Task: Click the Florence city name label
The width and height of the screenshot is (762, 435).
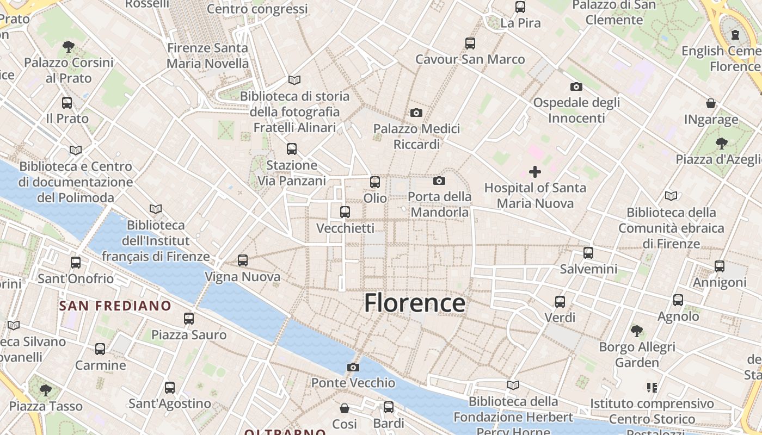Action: click(415, 303)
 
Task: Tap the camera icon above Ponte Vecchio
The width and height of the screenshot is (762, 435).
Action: click(353, 368)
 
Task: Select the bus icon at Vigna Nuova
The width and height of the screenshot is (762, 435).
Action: click(243, 260)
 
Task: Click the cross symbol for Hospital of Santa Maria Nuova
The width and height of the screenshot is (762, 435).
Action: click(535, 172)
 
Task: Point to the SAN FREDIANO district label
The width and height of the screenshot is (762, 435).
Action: click(115, 306)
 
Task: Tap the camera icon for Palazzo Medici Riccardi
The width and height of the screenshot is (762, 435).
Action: click(416, 113)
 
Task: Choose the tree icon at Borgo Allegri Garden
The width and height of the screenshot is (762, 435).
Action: click(637, 331)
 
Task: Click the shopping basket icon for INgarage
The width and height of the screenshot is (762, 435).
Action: click(711, 103)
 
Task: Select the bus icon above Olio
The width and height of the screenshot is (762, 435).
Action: click(375, 182)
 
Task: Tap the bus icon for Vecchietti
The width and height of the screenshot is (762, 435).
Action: click(345, 212)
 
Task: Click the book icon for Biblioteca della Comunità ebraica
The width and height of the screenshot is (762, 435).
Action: click(671, 196)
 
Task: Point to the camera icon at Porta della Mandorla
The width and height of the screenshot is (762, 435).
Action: click(439, 181)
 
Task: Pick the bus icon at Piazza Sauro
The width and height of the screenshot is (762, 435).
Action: click(189, 319)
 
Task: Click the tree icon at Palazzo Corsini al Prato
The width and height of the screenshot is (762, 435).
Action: click(69, 46)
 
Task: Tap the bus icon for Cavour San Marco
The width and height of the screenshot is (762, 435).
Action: click(470, 43)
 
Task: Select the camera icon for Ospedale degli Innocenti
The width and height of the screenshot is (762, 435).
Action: click(576, 87)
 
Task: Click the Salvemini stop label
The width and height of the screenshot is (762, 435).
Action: click(588, 269)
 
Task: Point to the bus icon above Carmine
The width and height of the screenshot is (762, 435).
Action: click(100, 349)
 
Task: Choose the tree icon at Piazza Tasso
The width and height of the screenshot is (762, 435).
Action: click(46, 390)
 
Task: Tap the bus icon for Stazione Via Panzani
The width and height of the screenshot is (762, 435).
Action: click(292, 149)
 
